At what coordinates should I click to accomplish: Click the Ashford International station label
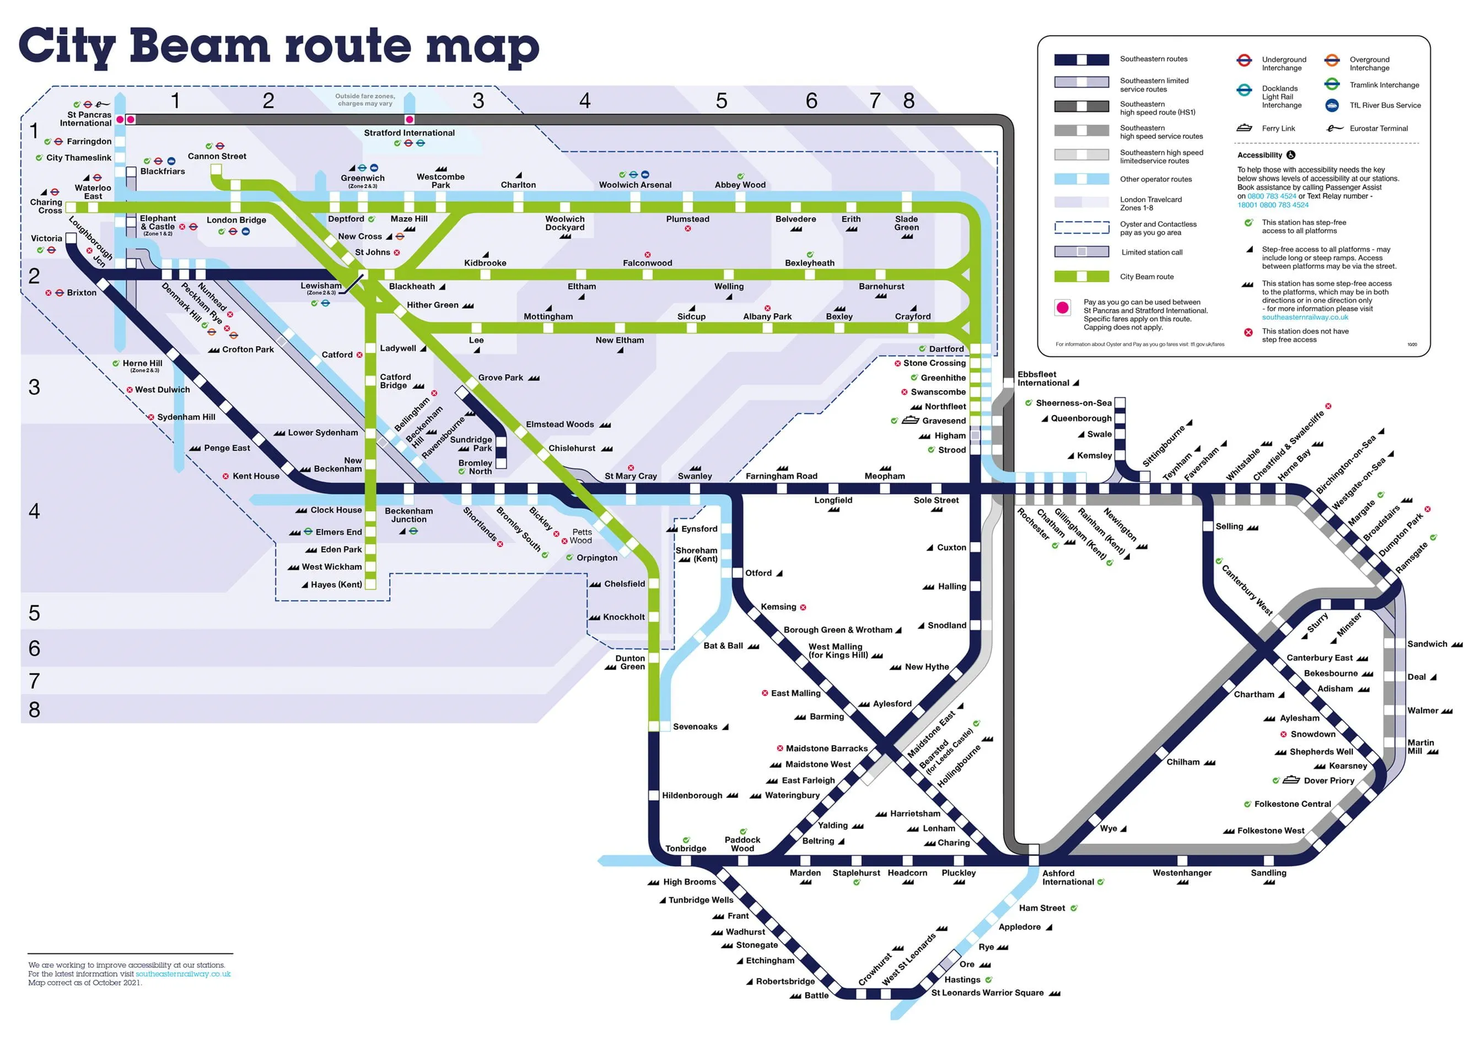tap(1068, 877)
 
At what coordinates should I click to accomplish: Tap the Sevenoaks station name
tap(695, 727)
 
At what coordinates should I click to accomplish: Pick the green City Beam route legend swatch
tap(1081, 276)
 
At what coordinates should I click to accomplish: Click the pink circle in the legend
tap(1063, 308)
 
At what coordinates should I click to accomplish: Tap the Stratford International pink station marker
tap(410, 120)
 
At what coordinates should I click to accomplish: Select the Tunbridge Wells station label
tap(701, 900)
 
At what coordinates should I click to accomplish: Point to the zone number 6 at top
tap(811, 100)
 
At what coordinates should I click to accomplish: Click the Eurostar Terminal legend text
tap(1378, 128)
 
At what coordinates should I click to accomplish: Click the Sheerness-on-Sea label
tap(1074, 403)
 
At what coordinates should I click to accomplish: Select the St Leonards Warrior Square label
tap(987, 993)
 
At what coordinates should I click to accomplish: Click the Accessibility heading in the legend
tap(1259, 155)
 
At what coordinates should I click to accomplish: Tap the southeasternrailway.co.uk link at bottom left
tap(183, 974)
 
